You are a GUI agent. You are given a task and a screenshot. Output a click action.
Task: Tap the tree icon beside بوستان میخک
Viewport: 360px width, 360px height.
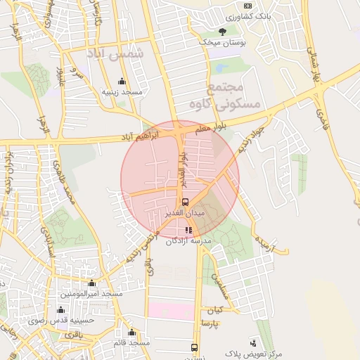pos(222,31)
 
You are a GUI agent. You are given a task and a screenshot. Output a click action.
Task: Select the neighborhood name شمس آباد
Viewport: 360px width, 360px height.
pos(115,53)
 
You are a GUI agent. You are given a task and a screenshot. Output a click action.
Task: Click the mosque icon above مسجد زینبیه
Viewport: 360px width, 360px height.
pos(122,81)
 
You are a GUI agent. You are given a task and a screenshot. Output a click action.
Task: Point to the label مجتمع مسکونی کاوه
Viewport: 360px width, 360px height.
pos(235,96)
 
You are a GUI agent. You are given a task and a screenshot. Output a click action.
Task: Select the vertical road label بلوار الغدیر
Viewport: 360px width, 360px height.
pos(182,164)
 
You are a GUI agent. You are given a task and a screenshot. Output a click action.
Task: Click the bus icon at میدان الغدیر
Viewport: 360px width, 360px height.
pos(185,202)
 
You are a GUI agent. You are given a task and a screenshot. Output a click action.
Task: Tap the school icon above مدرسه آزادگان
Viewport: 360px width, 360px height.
pos(188,229)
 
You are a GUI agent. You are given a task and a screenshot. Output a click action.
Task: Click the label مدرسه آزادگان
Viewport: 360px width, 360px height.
pos(188,240)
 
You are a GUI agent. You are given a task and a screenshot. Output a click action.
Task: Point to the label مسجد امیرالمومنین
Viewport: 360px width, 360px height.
pos(91,292)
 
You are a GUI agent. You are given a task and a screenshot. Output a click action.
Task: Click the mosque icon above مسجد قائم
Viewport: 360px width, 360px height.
pos(131,332)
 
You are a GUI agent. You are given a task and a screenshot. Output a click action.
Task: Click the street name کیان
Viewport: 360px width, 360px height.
pos(214,310)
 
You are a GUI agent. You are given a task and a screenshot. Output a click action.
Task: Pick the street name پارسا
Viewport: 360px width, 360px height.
pos(212,323)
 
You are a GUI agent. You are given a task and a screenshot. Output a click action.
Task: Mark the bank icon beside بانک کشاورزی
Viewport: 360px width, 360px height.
pos(247,6)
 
